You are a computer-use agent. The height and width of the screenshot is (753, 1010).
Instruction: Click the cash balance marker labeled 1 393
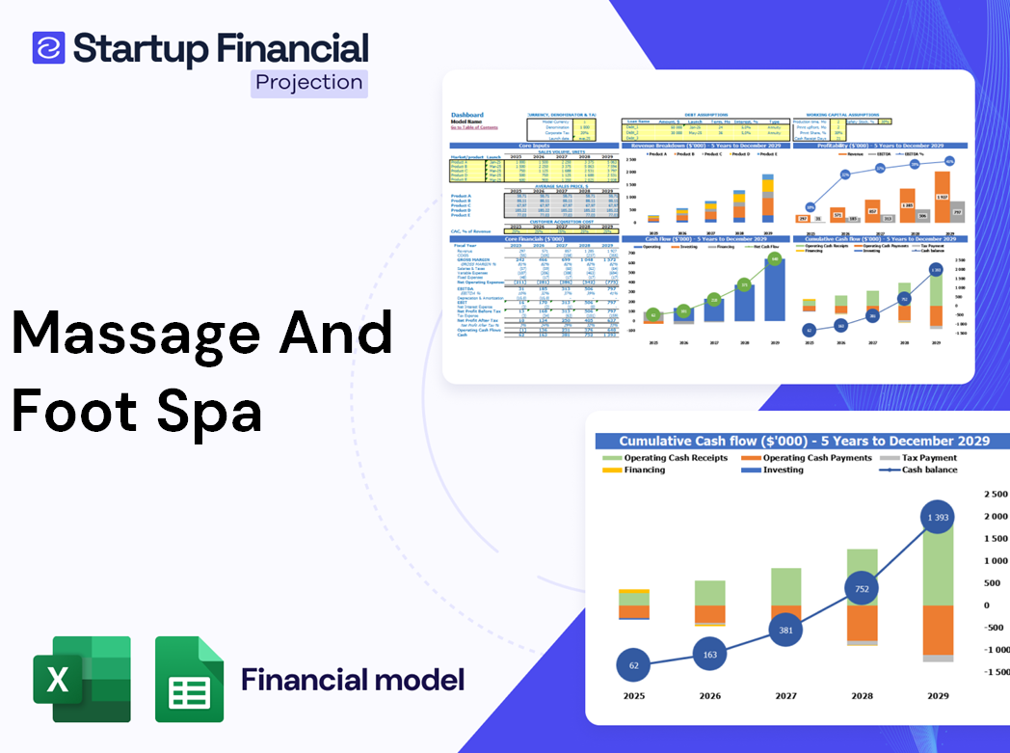[930, 519]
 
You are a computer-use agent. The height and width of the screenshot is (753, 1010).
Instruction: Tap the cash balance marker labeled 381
[786, 631]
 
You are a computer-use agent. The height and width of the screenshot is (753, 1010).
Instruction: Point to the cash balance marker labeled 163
[709, 654]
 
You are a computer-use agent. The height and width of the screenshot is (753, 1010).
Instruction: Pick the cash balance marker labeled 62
[632, 665]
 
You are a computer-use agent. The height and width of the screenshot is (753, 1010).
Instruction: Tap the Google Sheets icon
[190, 679]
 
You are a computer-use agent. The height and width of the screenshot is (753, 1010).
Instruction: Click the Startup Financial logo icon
[48, 48]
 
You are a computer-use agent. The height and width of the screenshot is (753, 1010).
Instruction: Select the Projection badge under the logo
[309, 83]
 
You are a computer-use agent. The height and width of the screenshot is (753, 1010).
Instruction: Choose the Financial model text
[353, 680]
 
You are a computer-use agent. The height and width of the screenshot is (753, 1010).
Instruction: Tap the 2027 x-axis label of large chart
[785, 696]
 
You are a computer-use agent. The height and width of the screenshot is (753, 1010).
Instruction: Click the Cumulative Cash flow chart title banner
[804, 441]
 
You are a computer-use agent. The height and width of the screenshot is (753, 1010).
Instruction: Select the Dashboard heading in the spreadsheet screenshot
[467, 115]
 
